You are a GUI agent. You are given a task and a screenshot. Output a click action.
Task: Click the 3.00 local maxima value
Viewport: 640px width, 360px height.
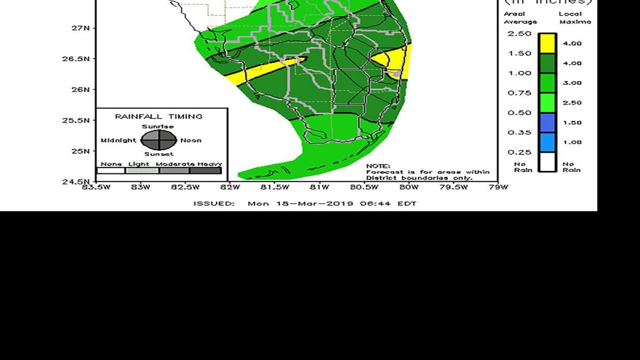pyautogui.click(x=572, y=83)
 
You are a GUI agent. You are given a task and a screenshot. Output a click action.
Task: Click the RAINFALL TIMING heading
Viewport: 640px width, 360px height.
pyautogui.click(x=159, y=116)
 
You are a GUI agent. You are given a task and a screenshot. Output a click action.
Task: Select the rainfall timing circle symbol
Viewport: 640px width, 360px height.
pyautogui.click(x=159, y=140)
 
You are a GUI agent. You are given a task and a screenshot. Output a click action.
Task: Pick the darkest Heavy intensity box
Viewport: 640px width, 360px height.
pyautogui.click(x=205, y=171)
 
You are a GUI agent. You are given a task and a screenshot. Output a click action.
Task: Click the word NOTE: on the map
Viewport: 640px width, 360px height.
pyautogui.click(x=378, y=166)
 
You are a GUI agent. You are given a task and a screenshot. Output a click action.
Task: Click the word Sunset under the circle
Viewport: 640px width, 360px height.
pyautogui.click(x=159, y=154)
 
